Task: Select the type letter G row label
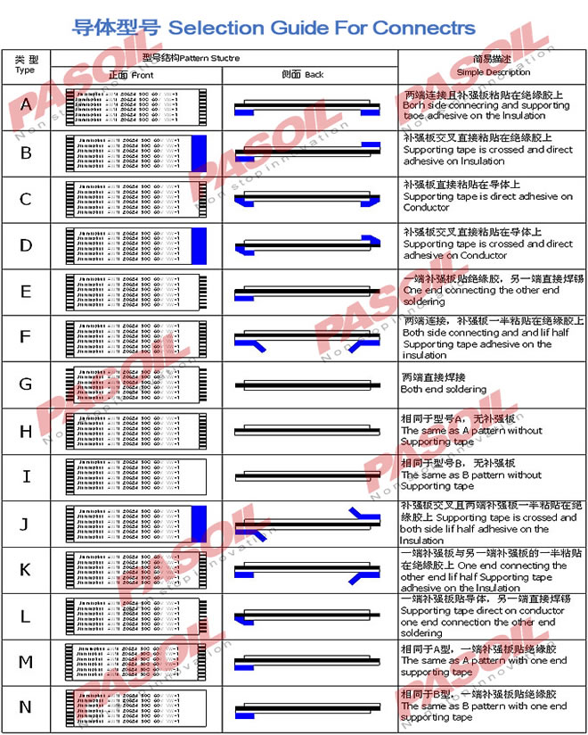point(26,384)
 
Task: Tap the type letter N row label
point(26,707)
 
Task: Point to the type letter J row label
point(26,524)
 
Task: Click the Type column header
point(26,64)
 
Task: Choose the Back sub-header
point(302,75)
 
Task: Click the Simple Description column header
point(493,65)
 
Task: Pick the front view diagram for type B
point(136,152)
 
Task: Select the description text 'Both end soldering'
point(444,390)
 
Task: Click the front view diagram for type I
point(136,476)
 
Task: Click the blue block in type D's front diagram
point(199,244)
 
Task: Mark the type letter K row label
point(26,570)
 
